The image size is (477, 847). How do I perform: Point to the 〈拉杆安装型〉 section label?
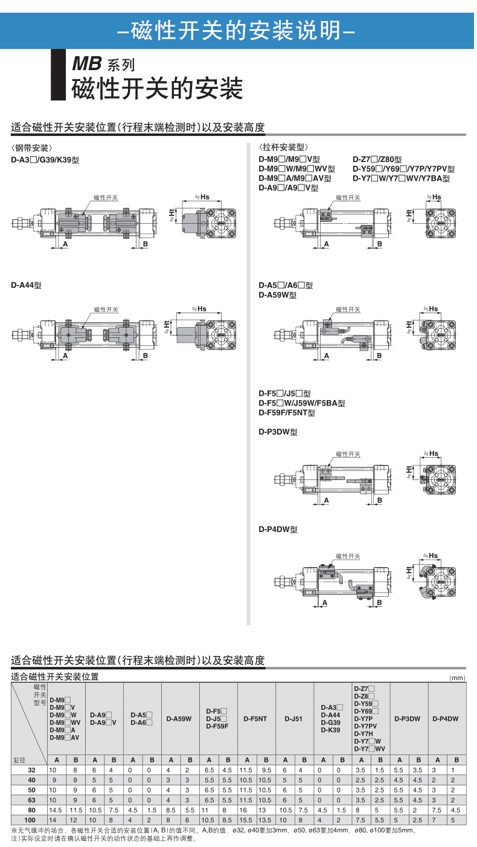pyautogui.click(x=283, y=148)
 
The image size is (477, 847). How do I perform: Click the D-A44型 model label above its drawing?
pyautogui.click(x=26, y=285)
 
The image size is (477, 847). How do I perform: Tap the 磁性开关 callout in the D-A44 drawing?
pyautogui.click(x=106, y=310)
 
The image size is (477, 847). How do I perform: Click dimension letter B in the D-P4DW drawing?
pyautogui.click(x=379, y=603)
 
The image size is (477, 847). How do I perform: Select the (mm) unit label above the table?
pyautogui.click(x=458, y=678)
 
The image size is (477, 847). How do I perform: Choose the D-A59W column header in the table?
pyautogui.click(x=180, y=719)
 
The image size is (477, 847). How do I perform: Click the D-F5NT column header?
pyautogui.click(x=256, y=719)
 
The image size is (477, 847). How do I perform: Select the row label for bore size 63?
pyautogui.click(x=31, y=800)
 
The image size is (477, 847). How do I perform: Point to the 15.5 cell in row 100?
pyautogui.click(x=246, y=819)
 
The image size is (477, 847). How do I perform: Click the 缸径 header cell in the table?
pyautogui.click(x=19, y=759)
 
